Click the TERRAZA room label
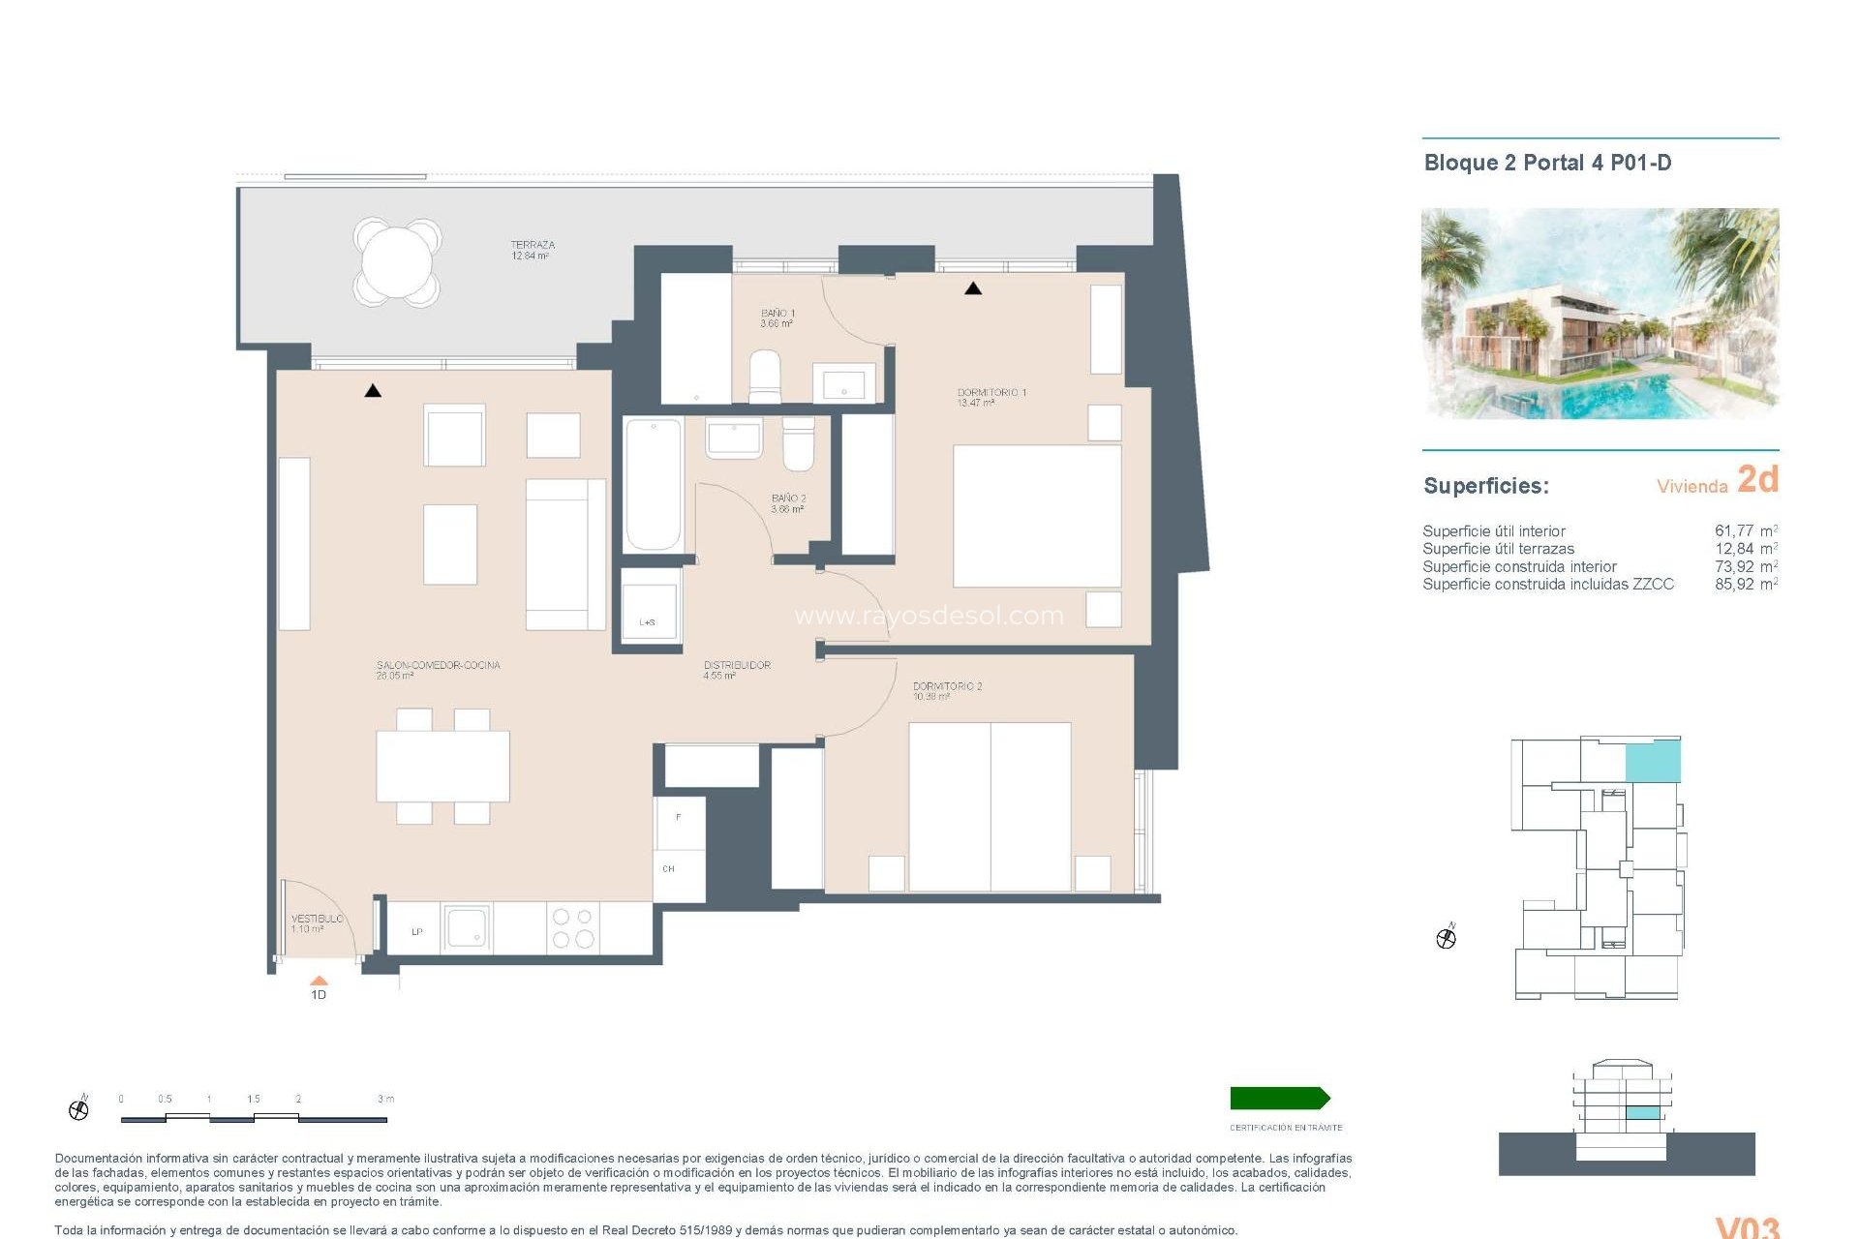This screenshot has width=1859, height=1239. click(x=532, y=245)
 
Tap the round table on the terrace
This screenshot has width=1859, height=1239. click(x=397, y=262)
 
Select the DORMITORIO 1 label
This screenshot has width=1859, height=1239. click(x=990, y=393)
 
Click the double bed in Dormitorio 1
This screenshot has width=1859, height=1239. click(x=1036, y=515)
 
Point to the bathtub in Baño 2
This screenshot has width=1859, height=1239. click(x=653, y=484)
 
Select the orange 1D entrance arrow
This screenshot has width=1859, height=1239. click(x=319, y=981)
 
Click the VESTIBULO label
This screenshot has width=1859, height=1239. click(x=317, y=919)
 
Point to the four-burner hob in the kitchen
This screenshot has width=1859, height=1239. click(x=572, y=927)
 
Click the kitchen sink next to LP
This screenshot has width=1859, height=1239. click(x=467, y=928)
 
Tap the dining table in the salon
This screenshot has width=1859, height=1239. click(x=442, y=766)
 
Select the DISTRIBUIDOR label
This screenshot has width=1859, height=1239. click(x=737, y=665)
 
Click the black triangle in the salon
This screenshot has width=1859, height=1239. click(x=373, y=391)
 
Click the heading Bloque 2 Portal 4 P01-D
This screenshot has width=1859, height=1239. click(x=1547, y=163)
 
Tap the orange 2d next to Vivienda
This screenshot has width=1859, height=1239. click(x=1757, y=479)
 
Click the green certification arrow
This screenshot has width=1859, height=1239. click(x=1279, y=1098)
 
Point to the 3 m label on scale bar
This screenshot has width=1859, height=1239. click(x=385, y=1099)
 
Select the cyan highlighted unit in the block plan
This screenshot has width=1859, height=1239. click(x=1652, y=762)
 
